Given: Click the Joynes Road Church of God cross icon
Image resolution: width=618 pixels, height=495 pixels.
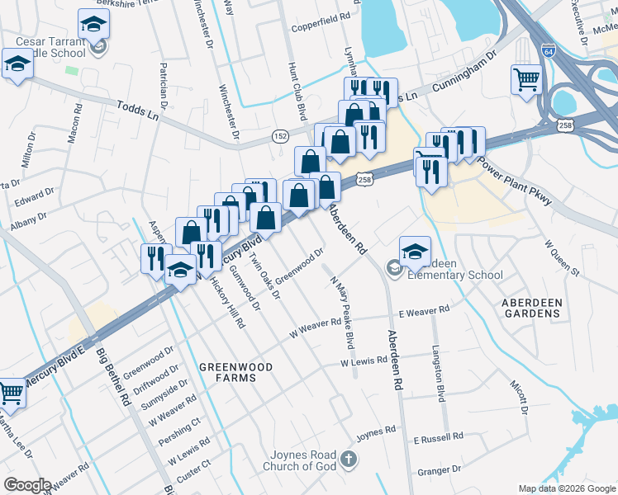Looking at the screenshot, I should (x=349, y=460).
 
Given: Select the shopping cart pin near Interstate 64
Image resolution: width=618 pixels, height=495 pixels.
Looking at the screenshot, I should (x=526, y=80).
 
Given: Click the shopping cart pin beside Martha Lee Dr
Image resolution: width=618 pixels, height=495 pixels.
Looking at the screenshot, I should (x=11, y=394).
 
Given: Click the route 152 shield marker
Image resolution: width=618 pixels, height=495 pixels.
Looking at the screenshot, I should (x=281, y=135).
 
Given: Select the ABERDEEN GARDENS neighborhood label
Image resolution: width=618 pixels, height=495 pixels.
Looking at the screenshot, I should (x=531, y=309).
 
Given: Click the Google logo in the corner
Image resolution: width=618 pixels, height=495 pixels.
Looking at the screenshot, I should (x=27, y=485).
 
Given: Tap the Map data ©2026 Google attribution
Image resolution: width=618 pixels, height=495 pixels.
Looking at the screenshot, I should (x=566, y=488).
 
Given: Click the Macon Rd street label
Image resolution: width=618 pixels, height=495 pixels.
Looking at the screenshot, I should (x=74, y=121).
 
